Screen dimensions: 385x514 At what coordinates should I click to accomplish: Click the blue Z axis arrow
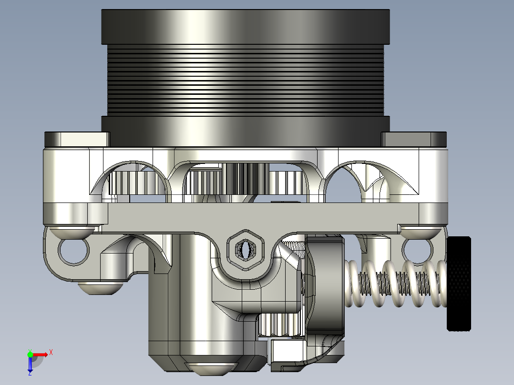point(30,365)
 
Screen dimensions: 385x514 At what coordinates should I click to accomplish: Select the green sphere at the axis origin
point(30,355)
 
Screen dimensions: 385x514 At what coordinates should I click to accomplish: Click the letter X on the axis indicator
point(51,352)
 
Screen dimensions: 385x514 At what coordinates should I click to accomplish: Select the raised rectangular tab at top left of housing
point(77,139)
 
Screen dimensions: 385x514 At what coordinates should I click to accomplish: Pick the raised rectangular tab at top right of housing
point(413,139)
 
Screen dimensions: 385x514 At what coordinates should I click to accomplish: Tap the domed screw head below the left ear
point(100,288)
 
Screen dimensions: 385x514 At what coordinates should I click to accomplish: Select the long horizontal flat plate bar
point(262,218)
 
